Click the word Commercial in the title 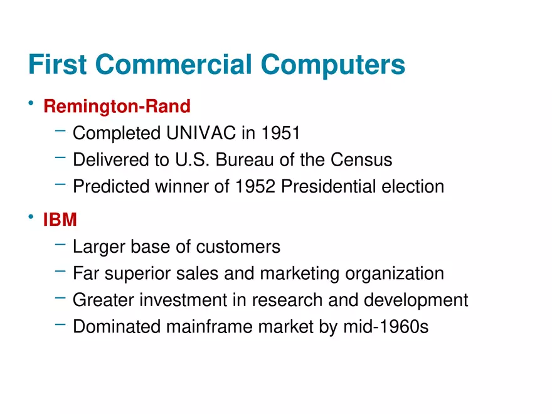174,64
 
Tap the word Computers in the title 333,65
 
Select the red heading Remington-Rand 117,106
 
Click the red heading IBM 60,220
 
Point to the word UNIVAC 201,133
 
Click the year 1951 280,133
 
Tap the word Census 361,159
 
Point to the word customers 238,247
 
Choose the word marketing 300,274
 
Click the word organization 395,274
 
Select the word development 416,300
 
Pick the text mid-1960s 386,326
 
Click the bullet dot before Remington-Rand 31,103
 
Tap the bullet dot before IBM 31,216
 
